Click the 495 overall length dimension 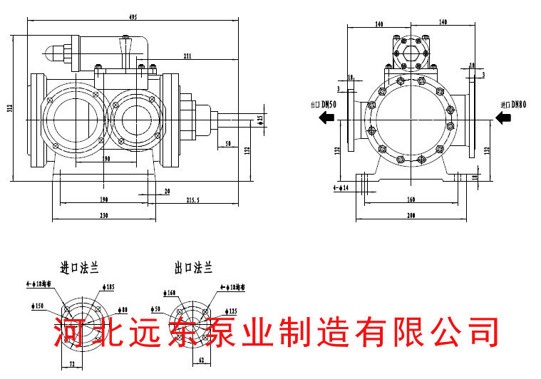(129, 16)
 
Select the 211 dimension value (187, 56)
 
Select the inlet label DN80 (512, 105)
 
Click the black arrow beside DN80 (503, 119)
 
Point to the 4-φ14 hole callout (342, 187)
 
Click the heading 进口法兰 (78, 269)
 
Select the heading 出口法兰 (194, 269)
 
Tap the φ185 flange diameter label (108, 287)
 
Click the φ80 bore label (122, 310)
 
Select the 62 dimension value (201, 360)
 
